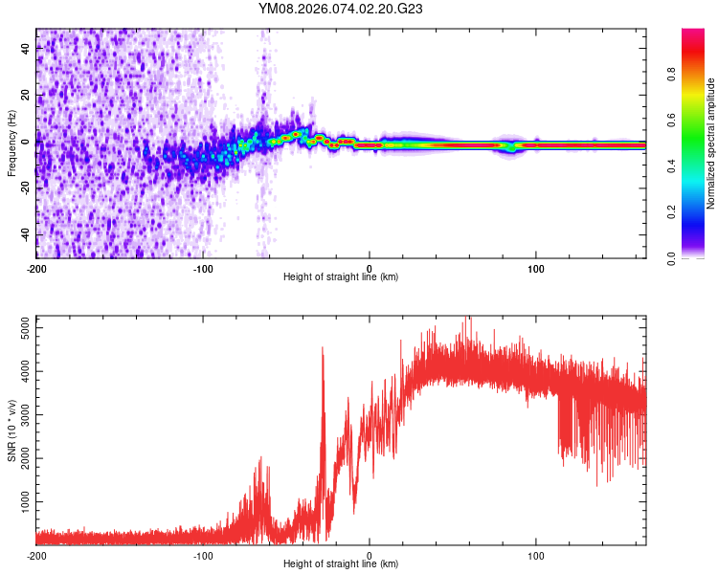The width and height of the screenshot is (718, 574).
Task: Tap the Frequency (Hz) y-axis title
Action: click(11, 143)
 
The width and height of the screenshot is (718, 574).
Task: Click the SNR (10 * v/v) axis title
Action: click(11, 430)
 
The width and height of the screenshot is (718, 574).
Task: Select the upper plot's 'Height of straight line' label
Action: click(341, 277)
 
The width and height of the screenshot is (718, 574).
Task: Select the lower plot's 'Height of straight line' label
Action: click(341, 564)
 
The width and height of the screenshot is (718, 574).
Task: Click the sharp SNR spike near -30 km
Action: click(323, 350)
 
